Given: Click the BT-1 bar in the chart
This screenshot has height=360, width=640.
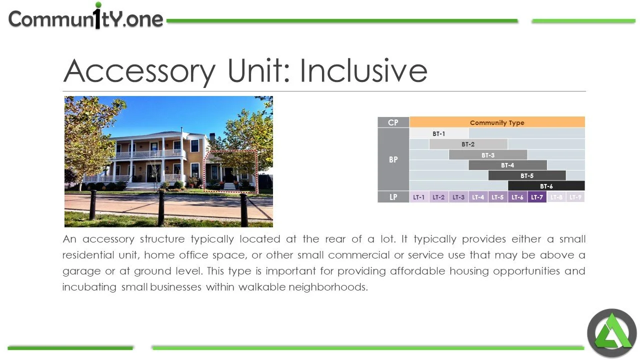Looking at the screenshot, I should [439, 133].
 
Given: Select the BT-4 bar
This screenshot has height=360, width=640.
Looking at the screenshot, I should [507, 165].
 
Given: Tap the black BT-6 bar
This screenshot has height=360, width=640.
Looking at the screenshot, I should [546, 186].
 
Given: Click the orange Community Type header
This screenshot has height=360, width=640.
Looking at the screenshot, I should [497, 122].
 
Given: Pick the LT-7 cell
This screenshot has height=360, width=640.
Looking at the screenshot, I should [537, 197].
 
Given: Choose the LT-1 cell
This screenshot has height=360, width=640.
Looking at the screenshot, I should [419, 197].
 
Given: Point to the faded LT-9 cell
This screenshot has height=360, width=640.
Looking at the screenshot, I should [575, 197].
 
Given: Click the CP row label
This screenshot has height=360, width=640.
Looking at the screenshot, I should [393, 122].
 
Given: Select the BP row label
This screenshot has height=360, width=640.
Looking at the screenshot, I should [393, 159].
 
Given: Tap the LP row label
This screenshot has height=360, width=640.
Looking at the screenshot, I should [393, 197].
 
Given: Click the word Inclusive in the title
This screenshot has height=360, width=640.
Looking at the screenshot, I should [363, 71].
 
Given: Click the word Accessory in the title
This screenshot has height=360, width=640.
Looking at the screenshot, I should [139, 71].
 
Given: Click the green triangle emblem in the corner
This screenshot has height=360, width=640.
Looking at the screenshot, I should [611, 333].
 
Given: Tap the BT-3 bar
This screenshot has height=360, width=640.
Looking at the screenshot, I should [488, 155].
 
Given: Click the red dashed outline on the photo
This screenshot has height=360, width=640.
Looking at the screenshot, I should [256, 170].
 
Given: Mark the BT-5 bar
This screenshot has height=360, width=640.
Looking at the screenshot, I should [527, 175].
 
